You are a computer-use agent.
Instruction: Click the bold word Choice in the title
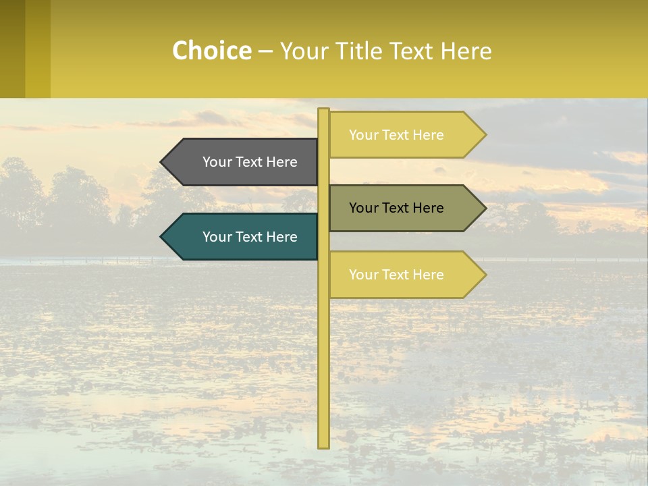(211, 51)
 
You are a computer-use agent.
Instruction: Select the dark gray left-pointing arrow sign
(243, 162)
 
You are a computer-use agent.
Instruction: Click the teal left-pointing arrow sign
(243, 237)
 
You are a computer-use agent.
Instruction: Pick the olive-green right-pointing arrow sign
(405, 208)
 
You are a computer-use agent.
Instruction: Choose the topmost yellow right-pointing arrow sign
(405, 135)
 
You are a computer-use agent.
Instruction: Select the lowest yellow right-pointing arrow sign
(405, 275)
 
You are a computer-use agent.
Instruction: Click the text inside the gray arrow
(250, 162)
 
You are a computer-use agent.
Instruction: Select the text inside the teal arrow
(250, 237)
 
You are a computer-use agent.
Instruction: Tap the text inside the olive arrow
(396, 208)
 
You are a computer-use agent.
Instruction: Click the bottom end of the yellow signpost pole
(323, 446)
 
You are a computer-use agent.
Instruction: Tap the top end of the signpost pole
(323, 111)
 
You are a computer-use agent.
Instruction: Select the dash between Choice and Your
(265, 52)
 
